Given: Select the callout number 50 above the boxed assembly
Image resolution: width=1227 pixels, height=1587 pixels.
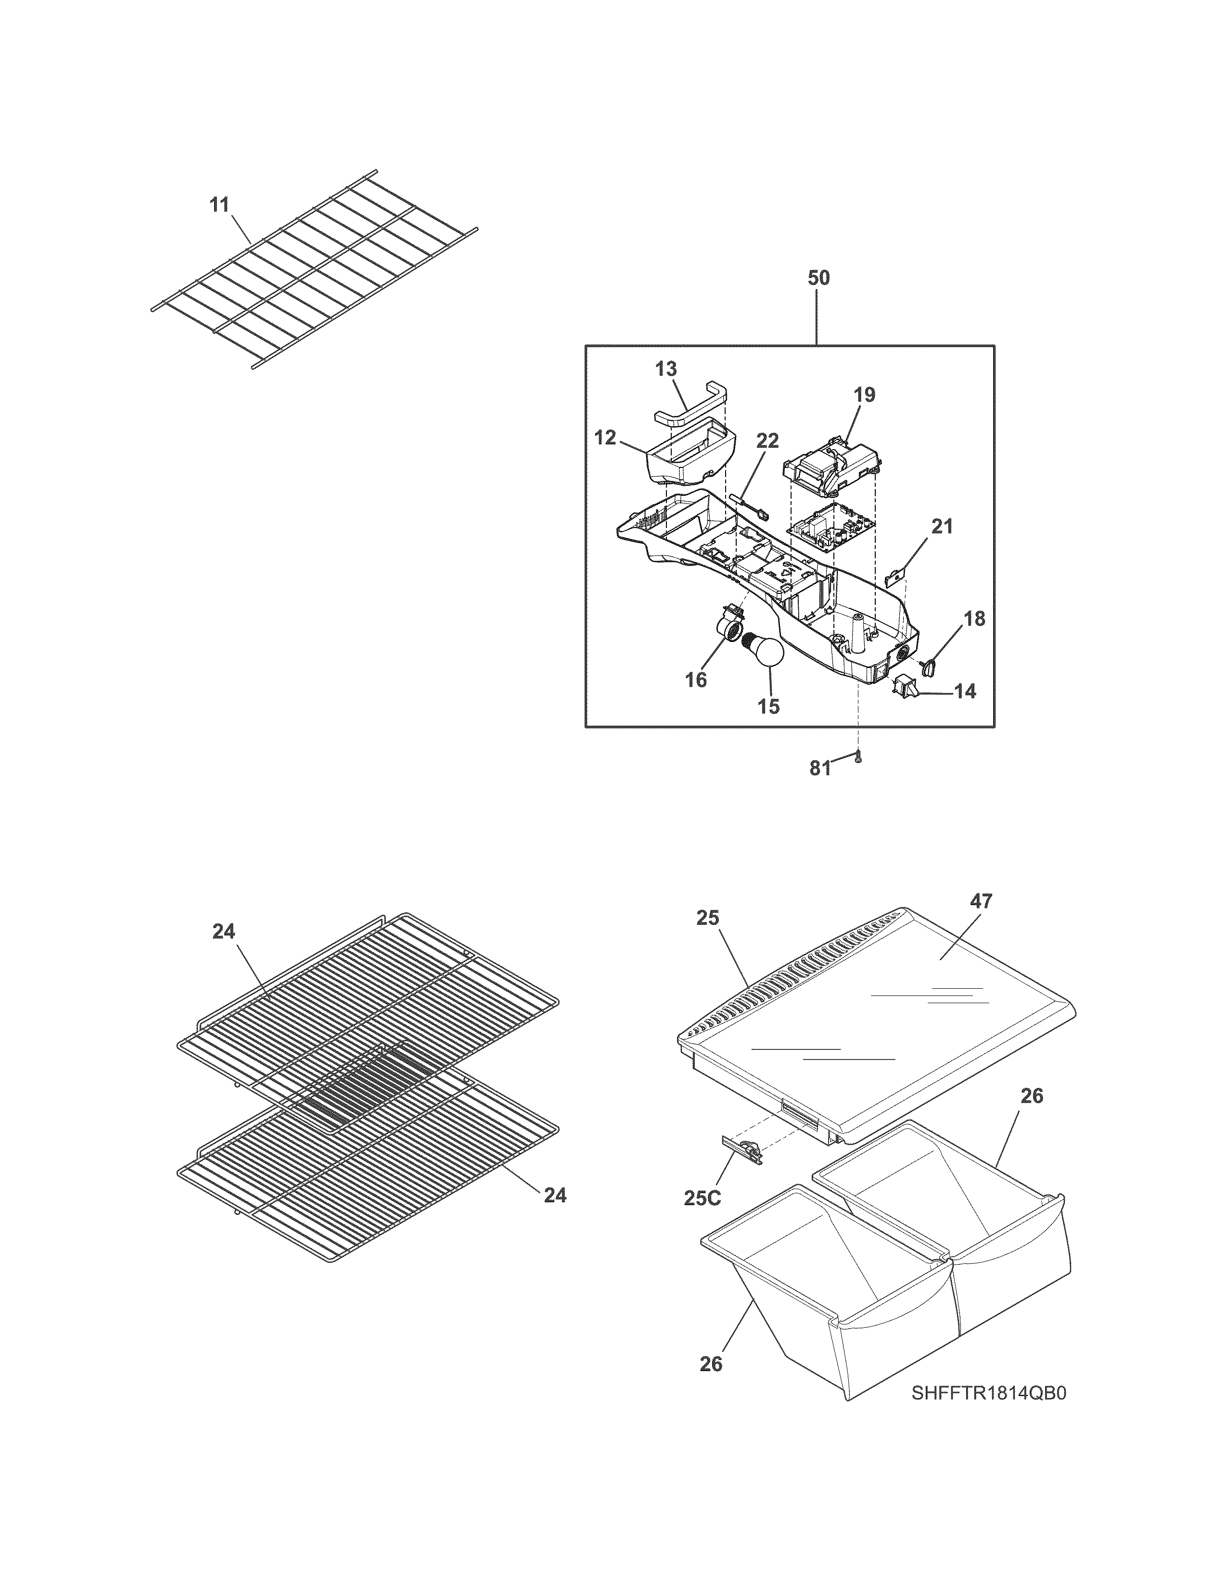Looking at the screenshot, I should (818, 278).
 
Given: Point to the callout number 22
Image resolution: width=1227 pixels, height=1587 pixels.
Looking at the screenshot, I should (767, 441).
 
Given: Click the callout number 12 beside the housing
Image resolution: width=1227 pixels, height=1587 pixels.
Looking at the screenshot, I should (605, 438).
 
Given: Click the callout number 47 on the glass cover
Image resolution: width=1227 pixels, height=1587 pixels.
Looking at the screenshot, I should (981, 902).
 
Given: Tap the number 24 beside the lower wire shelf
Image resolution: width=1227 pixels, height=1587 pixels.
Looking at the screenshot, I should (555, 1196).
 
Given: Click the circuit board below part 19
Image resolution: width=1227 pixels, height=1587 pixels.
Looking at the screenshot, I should (832, 535).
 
